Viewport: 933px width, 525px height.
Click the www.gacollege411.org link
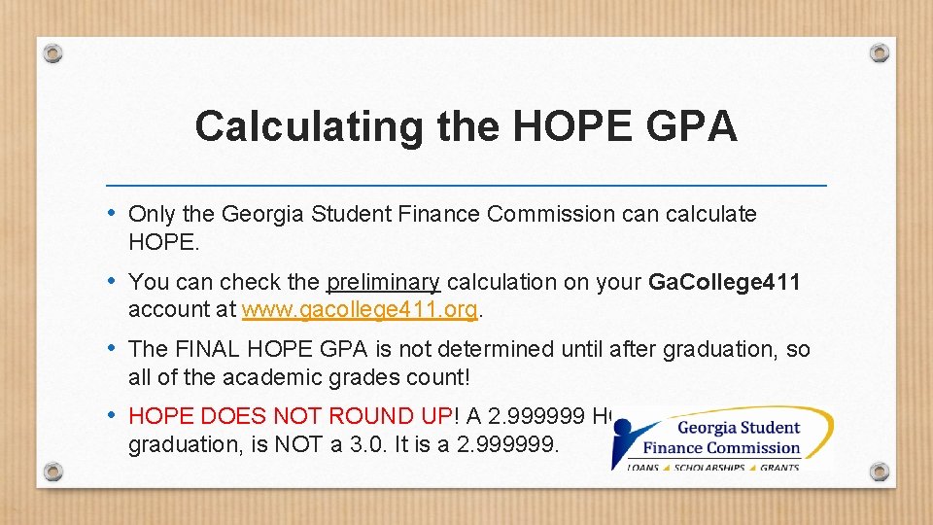click(x=360, y=310)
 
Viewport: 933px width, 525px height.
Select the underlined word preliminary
click(x=384, y=283)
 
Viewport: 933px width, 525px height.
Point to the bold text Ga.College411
click(x=724, y=283)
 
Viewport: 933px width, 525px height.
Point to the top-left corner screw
click(x=53, y=52)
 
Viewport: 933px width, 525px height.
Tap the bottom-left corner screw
click(x=53, y=472)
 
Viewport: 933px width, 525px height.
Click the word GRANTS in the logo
click(x=780, y=468)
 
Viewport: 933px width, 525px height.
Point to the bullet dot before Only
click(x=113, y=213)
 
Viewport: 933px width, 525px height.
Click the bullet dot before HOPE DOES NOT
click(x=113, y=415)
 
